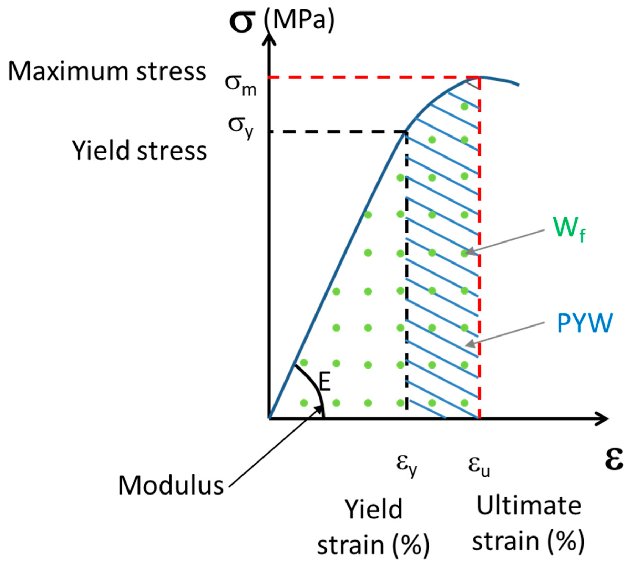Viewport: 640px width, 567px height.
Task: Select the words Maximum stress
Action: (x=107, y=72)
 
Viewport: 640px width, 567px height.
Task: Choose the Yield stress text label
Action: (x=139, y=150)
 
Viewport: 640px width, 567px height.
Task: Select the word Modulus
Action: (x=171, y=486)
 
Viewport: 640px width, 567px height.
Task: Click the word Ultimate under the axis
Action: (x=529, y=506)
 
